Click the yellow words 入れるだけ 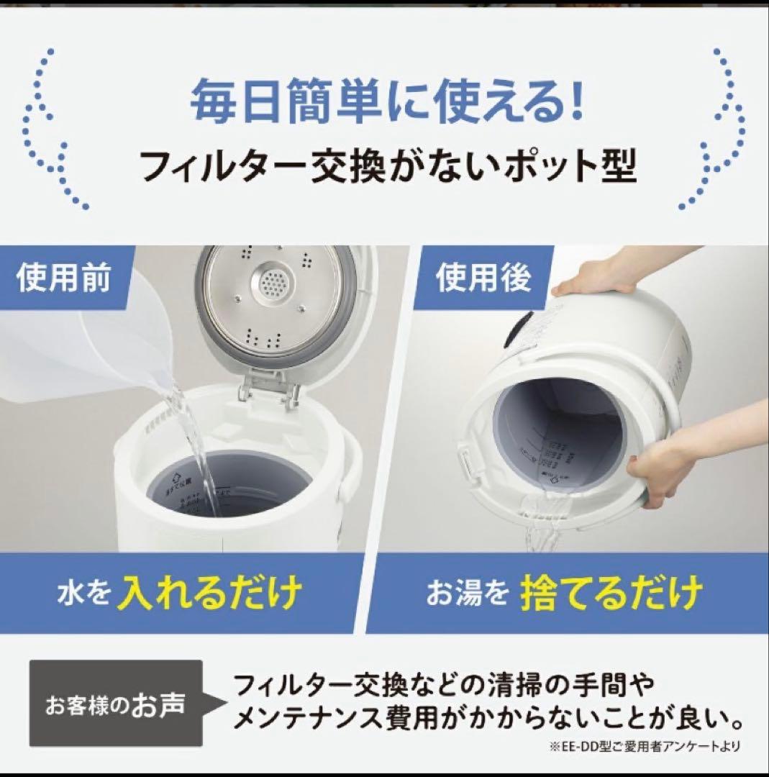point(210,594)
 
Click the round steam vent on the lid point(273,286)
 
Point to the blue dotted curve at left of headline point(50,129)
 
